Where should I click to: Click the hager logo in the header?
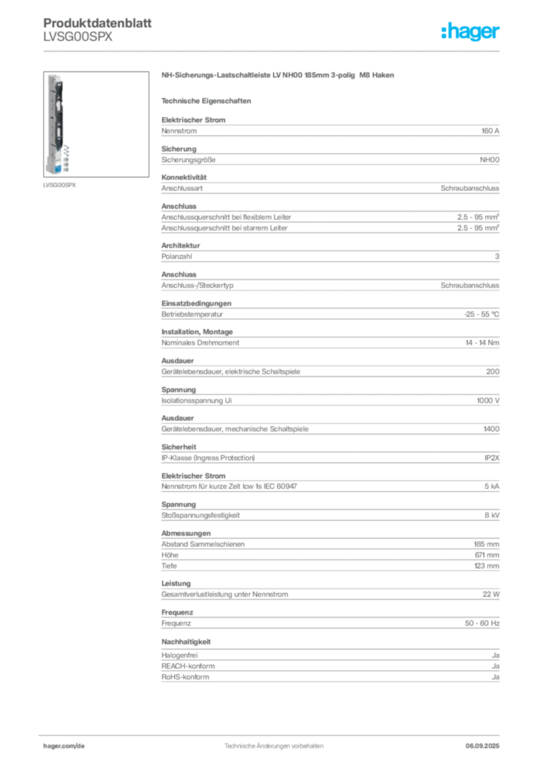[x=470, y=31]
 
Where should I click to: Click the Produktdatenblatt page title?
[x=97, y=23]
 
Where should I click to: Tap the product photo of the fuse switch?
[x=96, y=124]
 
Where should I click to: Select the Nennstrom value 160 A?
[x=490, y=131]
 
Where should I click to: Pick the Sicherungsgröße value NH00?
[x=490, y=160]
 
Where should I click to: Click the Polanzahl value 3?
[x=497, y=256]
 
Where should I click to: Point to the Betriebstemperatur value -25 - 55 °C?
[x=482, y=314]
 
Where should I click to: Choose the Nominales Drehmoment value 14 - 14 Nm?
[x=482, y=343]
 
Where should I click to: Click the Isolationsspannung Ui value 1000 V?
[x=488, y=401]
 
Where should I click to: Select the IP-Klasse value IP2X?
[x=492, y=458]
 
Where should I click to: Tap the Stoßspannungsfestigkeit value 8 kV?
[x=492, y=515]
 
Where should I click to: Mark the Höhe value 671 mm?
[x=487, y=554]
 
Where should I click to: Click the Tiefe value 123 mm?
[x=487, y=566]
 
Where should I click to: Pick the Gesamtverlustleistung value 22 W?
[x=491, y=594]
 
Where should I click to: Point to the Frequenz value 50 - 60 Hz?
[x=482, y=624]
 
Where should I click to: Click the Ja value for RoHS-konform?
[x=496, y=677]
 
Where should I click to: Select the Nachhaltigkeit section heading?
[x=186, y=641]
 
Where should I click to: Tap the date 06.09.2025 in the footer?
[x=482, y=746]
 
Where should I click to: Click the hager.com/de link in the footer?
[x=64, y=746]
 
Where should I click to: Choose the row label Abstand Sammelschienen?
[x=203, y=544]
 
